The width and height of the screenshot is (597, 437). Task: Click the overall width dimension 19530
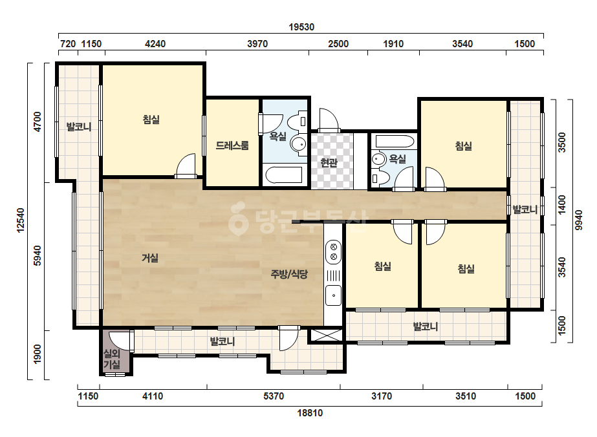click(x=301, y=27)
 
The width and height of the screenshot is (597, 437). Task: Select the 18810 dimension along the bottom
click(x=310, y=413)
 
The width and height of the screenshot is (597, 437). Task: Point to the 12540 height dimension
click(x=21, y=220)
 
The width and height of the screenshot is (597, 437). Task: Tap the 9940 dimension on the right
click(x=579, y=220)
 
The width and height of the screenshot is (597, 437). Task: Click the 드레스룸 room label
click(x=232, y=145)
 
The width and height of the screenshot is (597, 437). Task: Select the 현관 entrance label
click(x=329, y=163)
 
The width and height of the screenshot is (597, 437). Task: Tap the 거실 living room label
click(x=150, y=258)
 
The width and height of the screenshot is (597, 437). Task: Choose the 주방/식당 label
click(x=289, y=274)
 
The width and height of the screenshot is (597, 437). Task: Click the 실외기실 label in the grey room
click(x=112, y=359)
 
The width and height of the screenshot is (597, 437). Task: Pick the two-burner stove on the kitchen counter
click(x=334, y=251)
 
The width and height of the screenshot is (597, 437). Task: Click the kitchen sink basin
click(x=334, y=295)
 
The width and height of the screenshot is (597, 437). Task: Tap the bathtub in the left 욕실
click(x=284, y=175)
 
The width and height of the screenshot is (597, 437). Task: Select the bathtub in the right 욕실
click(x=395, y=142)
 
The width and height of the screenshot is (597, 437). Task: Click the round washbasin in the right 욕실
click(x=379, y=159)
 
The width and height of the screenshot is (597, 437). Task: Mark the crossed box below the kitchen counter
click(x=327, y=335)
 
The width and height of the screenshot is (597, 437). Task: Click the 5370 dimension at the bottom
click(x=274, y=396)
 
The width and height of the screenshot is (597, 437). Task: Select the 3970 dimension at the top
click(x=257, y=44)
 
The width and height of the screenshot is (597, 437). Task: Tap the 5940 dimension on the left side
click(x=38, y=255)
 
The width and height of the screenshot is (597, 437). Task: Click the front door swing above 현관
click(x=329, y=120)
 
